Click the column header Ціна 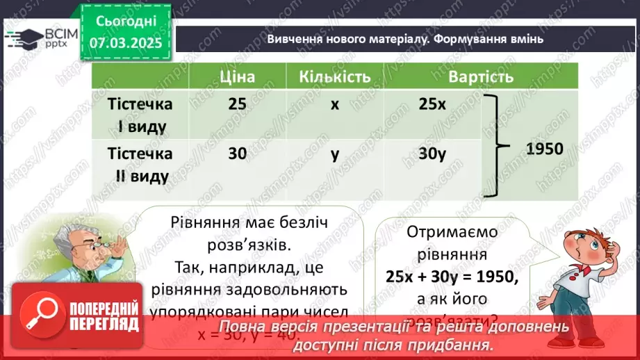tap(237, 76)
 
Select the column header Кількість tap(335, 76)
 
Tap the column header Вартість tap(481, 76)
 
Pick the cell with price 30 tap(237, 154)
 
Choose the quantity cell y tap(335, 154)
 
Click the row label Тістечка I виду tap(140, 115)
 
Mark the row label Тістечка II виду tap(140, 165)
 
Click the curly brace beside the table tap(496, 146)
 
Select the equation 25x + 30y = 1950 tap(452, 276)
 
